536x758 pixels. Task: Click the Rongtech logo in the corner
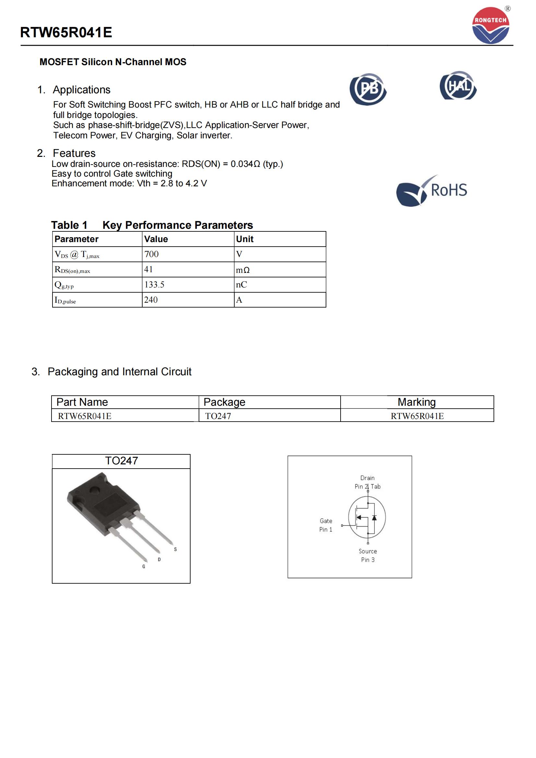pos(491,25)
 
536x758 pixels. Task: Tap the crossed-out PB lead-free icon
pos(368,89)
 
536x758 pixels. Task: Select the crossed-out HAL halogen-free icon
pos(458,86)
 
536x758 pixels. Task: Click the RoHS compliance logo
pos(432,191)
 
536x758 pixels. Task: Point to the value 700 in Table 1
pos(151,254)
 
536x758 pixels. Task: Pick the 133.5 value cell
pos(154,285)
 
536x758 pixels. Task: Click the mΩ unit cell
pos(243,270)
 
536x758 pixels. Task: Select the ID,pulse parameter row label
pos(65,300)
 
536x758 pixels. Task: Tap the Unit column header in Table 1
pos(245,239)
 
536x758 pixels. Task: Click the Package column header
pos(225,402)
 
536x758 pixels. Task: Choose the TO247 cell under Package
pos(218,416)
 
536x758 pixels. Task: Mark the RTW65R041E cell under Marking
pos(417,416)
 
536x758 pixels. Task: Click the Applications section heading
pos(82,90)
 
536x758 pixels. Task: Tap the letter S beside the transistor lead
pos(175,549)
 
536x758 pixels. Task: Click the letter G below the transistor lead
pos(144,566)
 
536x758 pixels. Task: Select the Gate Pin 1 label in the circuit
pos(326,525)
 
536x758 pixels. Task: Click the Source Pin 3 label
pos(368,555)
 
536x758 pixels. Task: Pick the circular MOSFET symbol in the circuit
pos(367,517)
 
